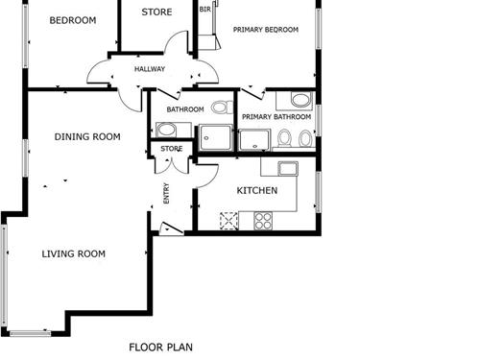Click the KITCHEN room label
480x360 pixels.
(x=257, y=191)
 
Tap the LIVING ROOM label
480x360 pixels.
(x=74, y=254)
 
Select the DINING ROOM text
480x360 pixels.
(x=87, y=137)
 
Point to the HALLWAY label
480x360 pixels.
(x=150, y=69)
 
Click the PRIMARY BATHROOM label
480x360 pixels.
(x=276, y=117)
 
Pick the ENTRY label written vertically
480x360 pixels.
(x=166, y=193)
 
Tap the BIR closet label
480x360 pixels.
(x=205, y=10)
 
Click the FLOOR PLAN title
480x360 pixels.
(x=160, y=348)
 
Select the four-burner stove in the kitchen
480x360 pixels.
(x=263, y=221)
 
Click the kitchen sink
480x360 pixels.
(x=288, y=168)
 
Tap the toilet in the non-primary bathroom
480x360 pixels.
(x=223, y=108)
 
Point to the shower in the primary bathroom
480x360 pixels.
(x=254, y=140)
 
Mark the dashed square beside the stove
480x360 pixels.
(x=228, y=221)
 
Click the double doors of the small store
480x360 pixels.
(x=172, y=166)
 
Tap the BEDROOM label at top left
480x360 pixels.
(x=73, y=20)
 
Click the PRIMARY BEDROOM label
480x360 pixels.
(x=266, y=30)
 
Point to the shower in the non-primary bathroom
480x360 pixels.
(x=215, y=137)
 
